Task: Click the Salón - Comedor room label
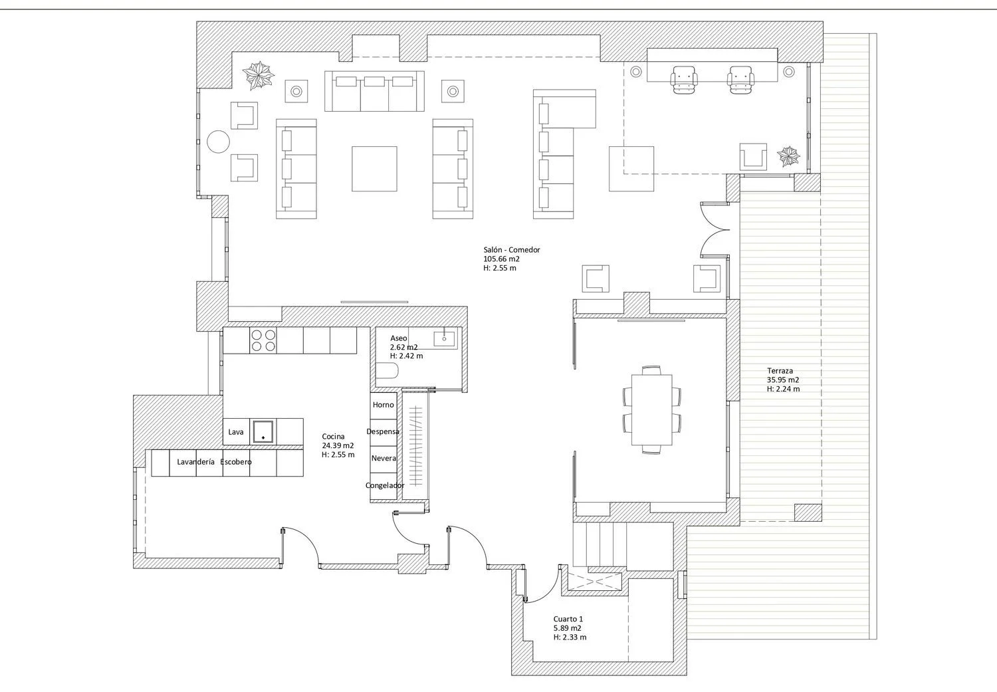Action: click(x=512, y=250)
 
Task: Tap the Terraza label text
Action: click(x=780, y=371)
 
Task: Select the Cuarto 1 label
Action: click(x=568, y=619)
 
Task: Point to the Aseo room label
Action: click(x=399, y=338)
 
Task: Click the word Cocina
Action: click(x=334, y=437)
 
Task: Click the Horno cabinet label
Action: click(x=384, y=405)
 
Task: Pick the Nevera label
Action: click(x=384, y=458)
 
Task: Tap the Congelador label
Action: click(x=385, y=485)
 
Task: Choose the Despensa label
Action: click(x=383, y=431)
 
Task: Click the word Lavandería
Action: click(x=196, y=462)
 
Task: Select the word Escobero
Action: click(x=236, y=462)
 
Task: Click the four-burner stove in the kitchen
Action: click(x=263, y=340)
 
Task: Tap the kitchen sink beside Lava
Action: click(x=263, y=431)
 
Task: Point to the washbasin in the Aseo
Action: click(x=445, y=338)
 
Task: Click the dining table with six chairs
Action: click(x=651, y=409)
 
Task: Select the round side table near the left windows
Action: click(x=219, y=142)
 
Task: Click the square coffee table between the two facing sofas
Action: click(x=374, y=169)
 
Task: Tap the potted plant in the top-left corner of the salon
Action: click(x=258, y=74)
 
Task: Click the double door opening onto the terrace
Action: click(x=715, y=229)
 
